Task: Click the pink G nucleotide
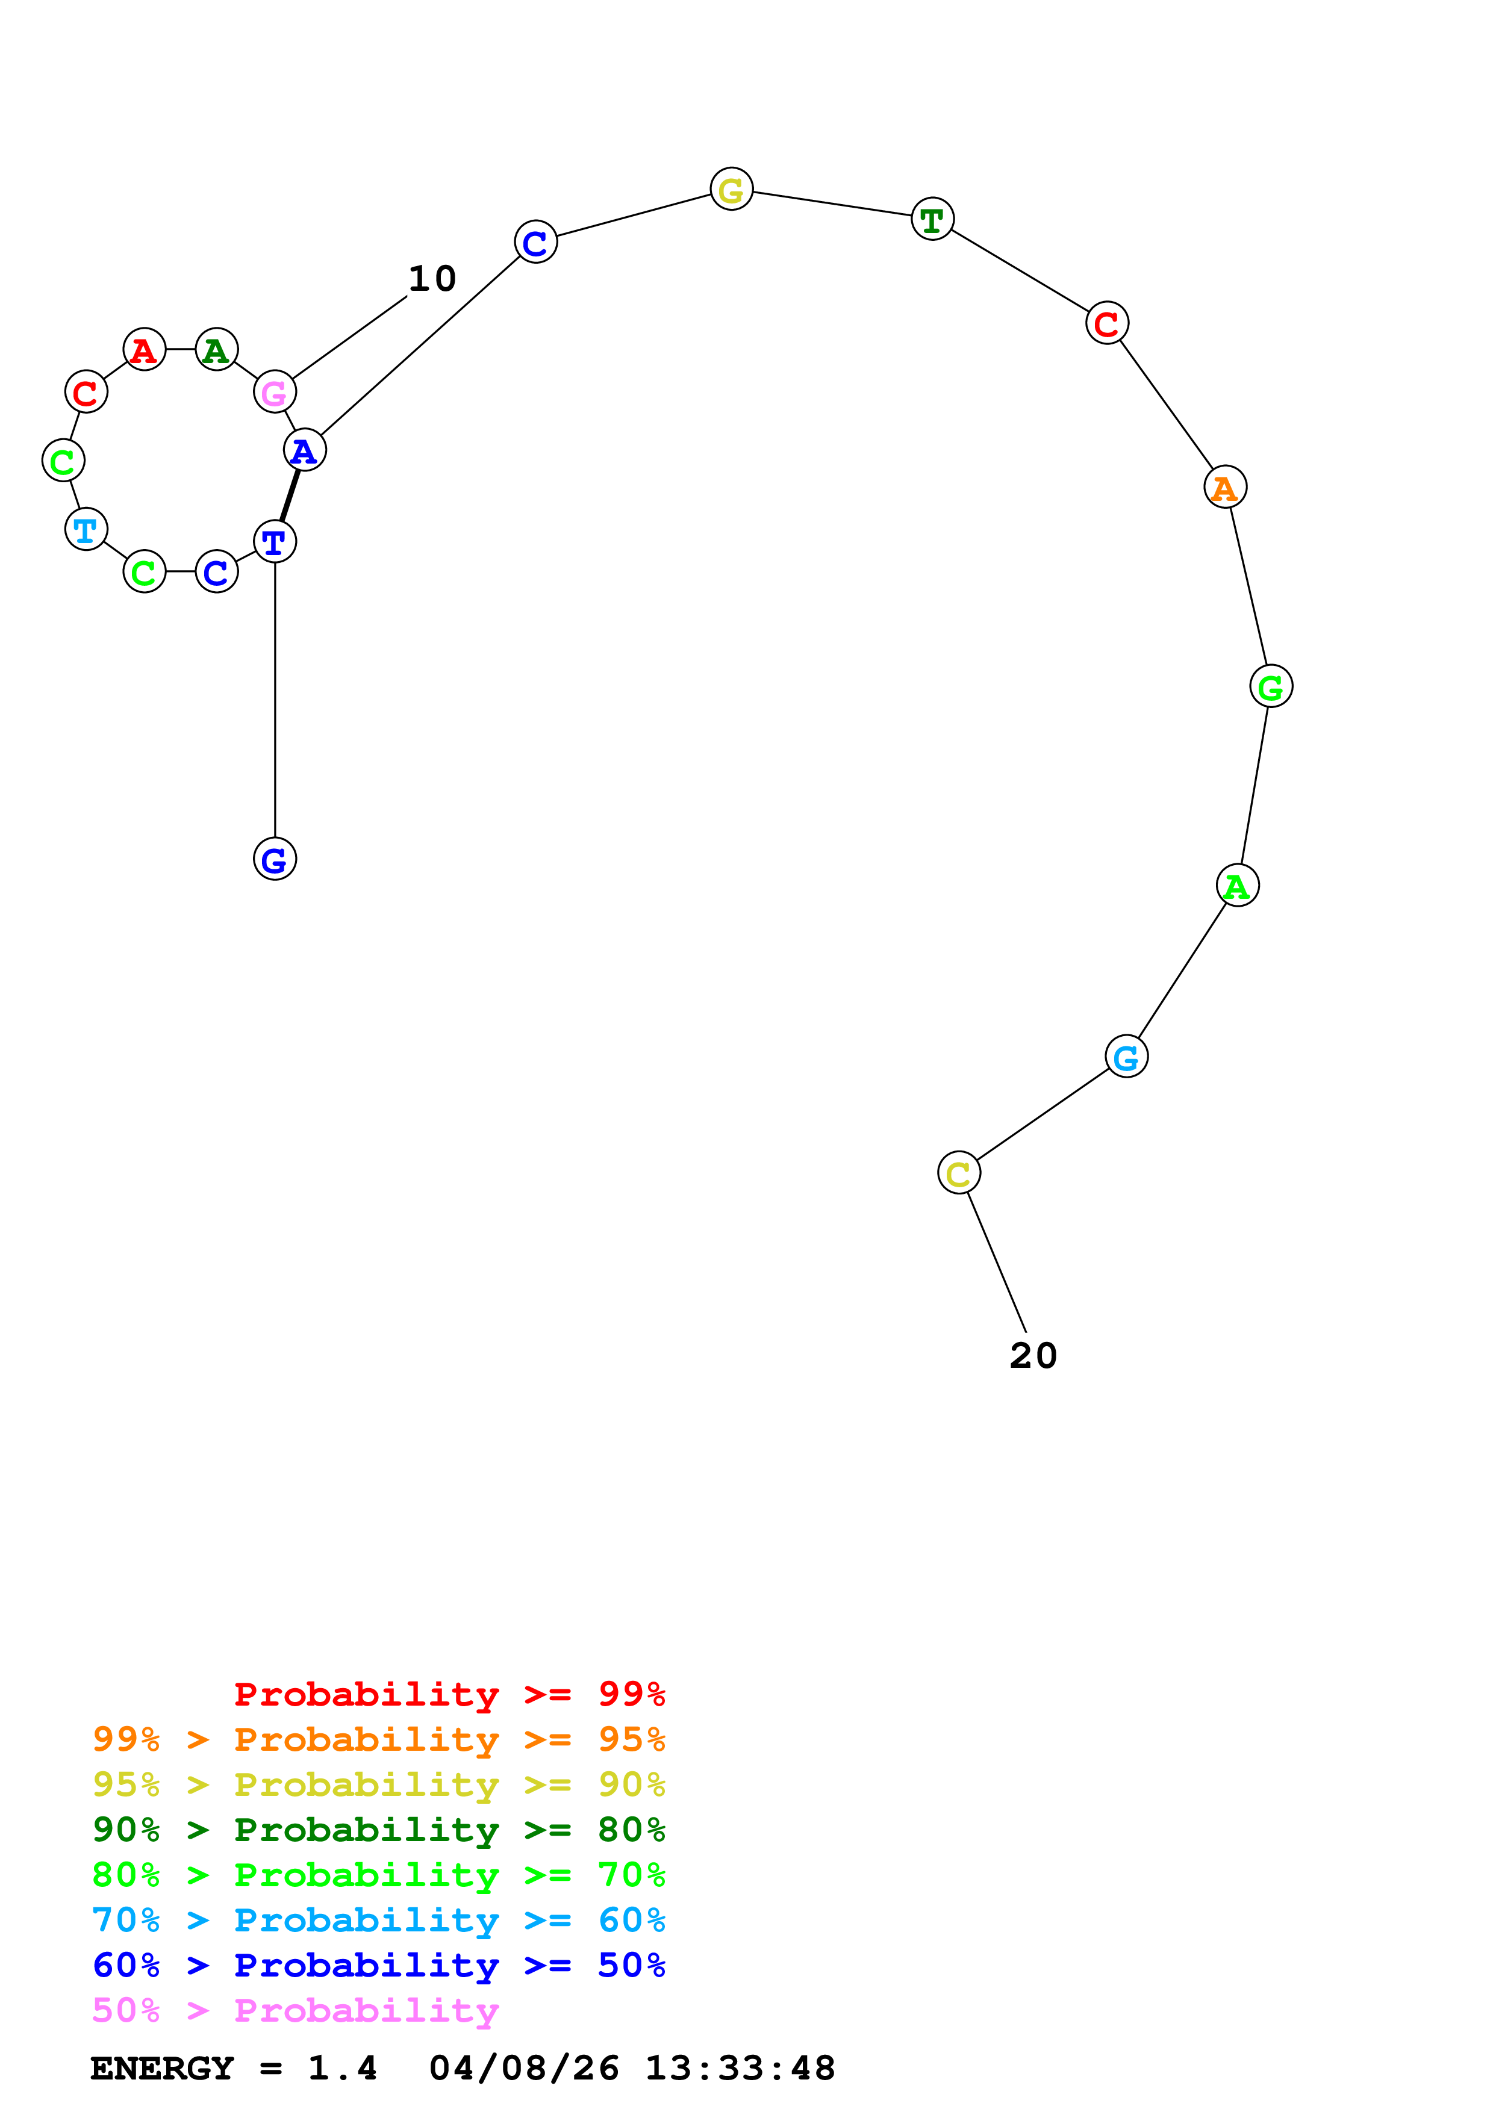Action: (274, 392)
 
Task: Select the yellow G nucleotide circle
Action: (731, 190)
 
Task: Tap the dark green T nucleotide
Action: (932, 219)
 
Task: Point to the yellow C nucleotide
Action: (959, 1173)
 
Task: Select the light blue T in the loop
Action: (86, 529)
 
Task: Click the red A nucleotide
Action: (143, 350)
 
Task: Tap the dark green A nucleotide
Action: (216, 350)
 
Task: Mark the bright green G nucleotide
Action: (1270, 686)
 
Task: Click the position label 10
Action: (431, 279)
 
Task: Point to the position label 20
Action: (1033, 1355)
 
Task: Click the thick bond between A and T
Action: (290, 495)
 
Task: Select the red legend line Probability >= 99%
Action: (449, 1694)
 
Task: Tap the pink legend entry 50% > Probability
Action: (295, 2010)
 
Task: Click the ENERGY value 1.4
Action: (342, 2068)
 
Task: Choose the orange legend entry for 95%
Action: (378, 1739)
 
